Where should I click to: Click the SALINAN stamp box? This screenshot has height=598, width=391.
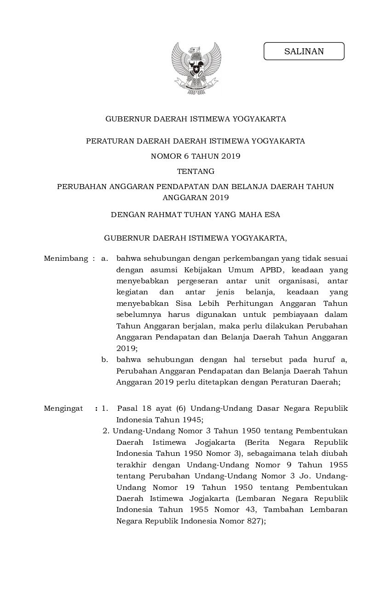[x=304, y=51]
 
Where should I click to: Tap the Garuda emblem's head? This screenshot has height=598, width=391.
[x=197, y=49]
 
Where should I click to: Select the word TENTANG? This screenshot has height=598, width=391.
[x=195, y=172]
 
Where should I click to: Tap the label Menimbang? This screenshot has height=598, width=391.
[x=66, y=259]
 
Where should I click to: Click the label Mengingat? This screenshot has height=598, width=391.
[x=63, y=408]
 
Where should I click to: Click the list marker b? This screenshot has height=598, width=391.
[x=104, y=359]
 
